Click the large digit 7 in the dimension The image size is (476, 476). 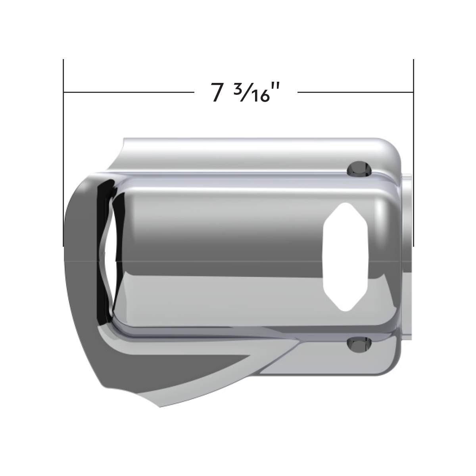217,93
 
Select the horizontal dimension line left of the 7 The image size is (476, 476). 127,92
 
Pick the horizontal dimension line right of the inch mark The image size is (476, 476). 355,92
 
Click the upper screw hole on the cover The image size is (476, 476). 360,169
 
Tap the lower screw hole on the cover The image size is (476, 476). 360,344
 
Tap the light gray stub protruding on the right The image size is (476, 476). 408,258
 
